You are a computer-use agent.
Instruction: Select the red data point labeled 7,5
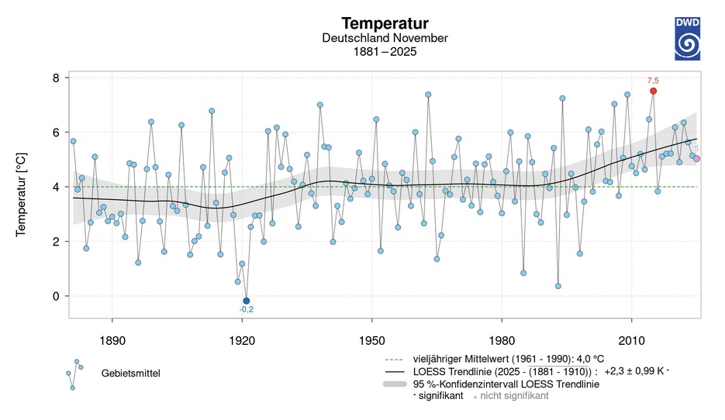(653, 91)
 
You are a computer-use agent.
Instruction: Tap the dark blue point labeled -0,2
(247, 301)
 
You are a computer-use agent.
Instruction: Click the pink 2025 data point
(696, 159)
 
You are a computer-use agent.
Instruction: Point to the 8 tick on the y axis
(56, 78)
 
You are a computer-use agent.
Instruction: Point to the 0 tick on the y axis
(56, 296)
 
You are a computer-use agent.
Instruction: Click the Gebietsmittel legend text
(129, 374)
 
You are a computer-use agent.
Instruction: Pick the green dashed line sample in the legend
(398, 358)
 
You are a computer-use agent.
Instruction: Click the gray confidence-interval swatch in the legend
(398, 384)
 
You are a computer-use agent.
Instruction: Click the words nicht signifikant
(519, 395)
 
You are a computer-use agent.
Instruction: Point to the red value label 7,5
(653, 80)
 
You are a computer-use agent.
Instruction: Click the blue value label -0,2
(247, 311)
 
